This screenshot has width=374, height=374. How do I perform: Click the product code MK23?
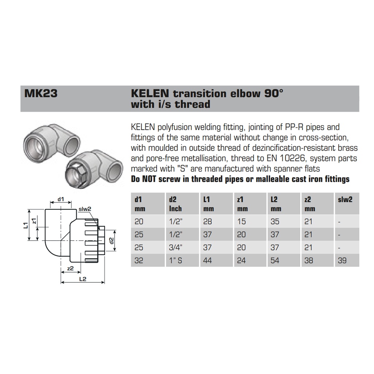[x=41, y=93]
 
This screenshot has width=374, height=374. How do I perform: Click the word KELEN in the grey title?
[x=150, y=93]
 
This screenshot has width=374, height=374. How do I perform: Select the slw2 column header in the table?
[x=345, y=199]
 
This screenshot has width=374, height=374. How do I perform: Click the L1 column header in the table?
[x=207, y=199]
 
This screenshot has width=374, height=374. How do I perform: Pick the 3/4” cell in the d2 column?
[x=176, y=247]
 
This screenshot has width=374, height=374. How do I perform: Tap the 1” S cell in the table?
[x=175, y=260]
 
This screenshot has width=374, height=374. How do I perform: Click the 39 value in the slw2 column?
[x=342, y=260]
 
